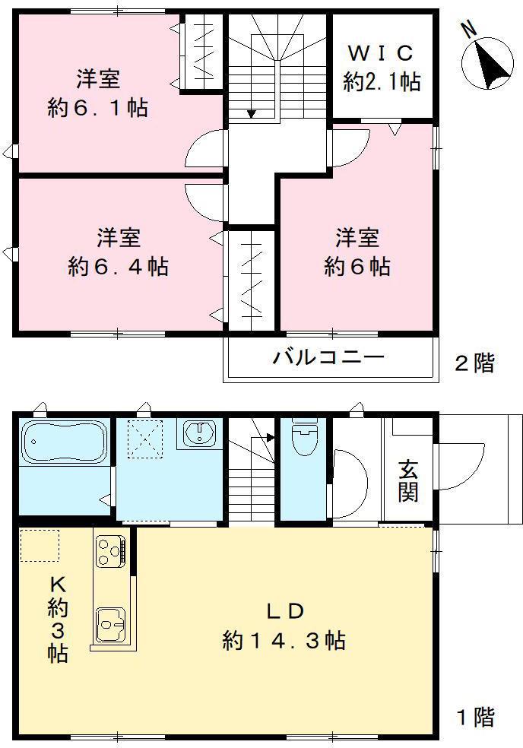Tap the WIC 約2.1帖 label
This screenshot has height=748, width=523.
[x=382, y=68]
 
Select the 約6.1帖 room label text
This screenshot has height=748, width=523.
[x=97, y=93]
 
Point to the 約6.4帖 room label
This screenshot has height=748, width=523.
[x=118, y=252]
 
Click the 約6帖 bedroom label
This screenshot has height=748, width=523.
[x=357, y=252]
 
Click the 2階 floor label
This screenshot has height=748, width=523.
[x=474, y=363]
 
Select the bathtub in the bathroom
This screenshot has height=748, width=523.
[x=62, y=442]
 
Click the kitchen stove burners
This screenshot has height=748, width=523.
[x=110, y=551]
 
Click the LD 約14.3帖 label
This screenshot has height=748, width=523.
[x=284, y=626]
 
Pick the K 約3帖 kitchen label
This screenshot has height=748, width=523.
[x=58, y=618]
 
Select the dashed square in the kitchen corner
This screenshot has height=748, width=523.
[x=40, y=545]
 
